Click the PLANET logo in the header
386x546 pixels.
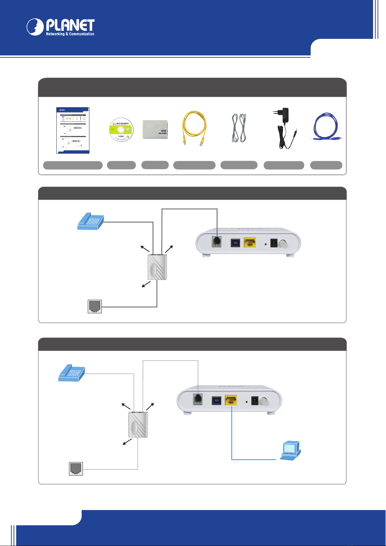(x=61, y=27)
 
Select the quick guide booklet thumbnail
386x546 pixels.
(x=73, y=130)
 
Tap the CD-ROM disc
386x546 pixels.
(x=121, y=129)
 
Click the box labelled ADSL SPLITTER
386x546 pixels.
(x=155, y=130)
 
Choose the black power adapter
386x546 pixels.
(x=284, y=128)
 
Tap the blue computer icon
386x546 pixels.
(x=290, y=450)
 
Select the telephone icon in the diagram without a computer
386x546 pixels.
(x=91, y=221)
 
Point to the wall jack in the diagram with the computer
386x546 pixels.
(x=76, y=469)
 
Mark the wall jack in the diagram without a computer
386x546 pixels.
(x=95, y=306)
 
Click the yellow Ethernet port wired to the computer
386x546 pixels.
(x=231, y=401)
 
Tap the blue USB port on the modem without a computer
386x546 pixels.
(x=235, y=243)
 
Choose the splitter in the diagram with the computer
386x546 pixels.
(x=138, y=424)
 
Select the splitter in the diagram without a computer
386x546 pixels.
(x=157, y=267)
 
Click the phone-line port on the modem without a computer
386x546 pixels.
(x=216, y=242)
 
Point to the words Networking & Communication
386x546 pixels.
(x=70, y=34)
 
